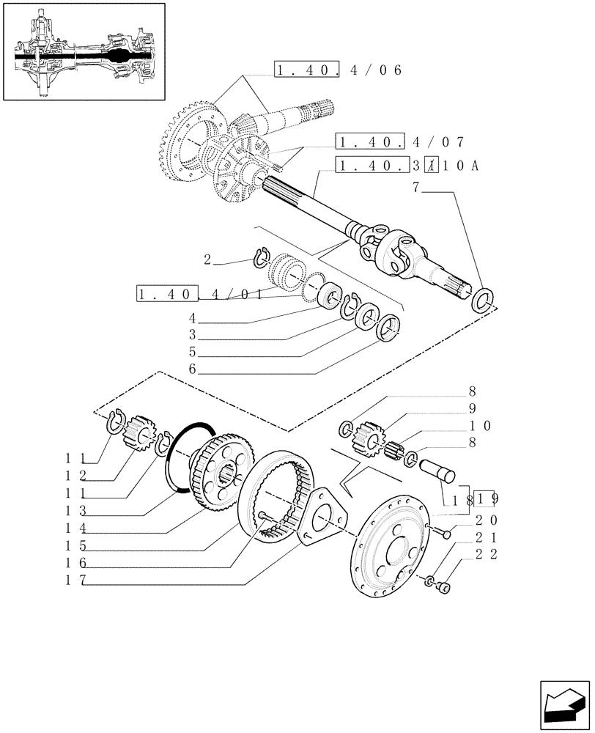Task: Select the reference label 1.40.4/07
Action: [399, 141]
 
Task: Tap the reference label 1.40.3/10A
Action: [407, 166]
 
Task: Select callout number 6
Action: [193, 369]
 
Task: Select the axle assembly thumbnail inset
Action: [84, 52]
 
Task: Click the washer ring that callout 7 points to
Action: [482, 301]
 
